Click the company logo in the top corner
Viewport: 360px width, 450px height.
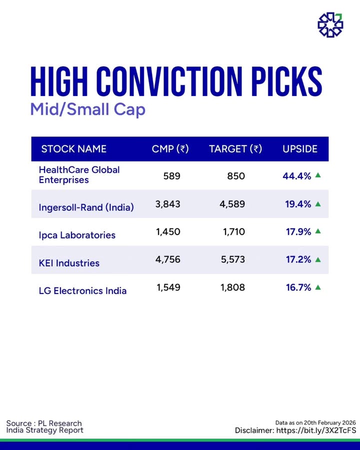point(330,24)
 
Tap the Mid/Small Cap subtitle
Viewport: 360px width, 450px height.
point(87,109)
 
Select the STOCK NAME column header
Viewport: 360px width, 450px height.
point(73,149)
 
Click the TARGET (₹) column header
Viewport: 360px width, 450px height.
point(235,149)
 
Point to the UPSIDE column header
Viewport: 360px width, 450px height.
point(300,149)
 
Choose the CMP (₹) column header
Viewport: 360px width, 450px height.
point(170,149)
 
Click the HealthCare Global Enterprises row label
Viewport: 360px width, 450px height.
point(79,175)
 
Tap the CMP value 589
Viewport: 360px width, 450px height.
point(171,176)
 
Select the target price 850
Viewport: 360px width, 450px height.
point(236,176)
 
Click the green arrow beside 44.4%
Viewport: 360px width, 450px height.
point(317,175)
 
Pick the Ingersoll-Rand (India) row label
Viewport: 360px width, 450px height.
point(86,207)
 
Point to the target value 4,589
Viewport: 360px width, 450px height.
point(233,204)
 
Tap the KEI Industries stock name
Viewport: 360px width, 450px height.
point(69,263)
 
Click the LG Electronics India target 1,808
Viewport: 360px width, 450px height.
point(233,287)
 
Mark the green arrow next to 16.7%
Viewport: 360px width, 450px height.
point(317,287)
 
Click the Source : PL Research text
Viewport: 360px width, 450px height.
point(44,423)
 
